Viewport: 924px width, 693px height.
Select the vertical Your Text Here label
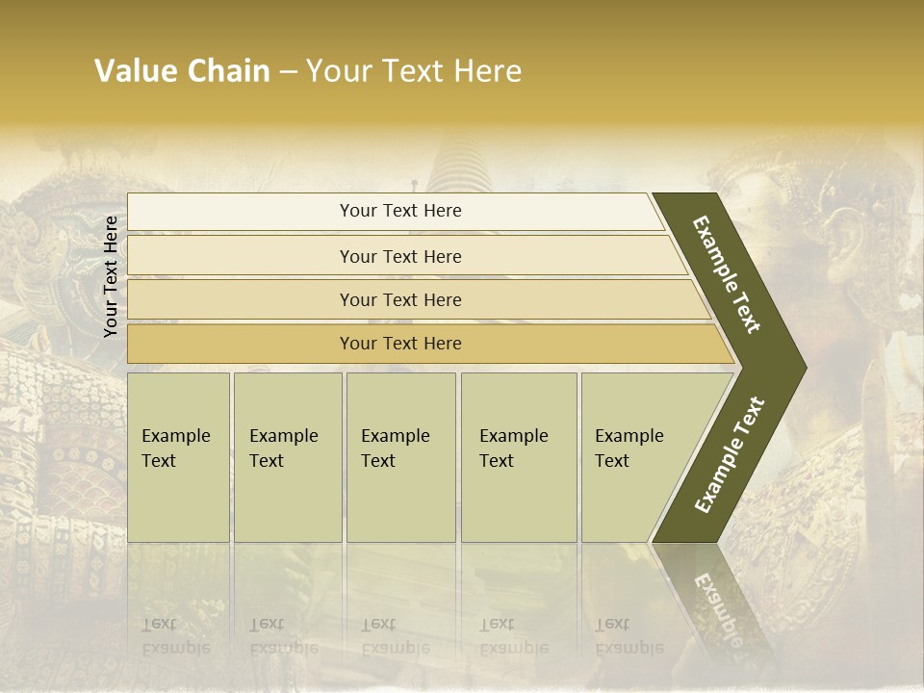111,276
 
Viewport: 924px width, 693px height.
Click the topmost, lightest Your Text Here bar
399,211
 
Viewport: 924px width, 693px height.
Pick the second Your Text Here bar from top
399,256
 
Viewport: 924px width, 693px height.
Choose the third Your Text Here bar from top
399,299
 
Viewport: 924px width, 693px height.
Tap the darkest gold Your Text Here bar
399,344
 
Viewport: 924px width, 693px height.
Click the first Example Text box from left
178,457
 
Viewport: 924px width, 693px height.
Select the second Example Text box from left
287,457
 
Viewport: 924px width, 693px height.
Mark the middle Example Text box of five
400,457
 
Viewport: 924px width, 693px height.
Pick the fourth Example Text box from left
518,457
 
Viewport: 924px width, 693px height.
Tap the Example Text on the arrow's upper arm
727,274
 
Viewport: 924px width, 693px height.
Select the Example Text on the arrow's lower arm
730,454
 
